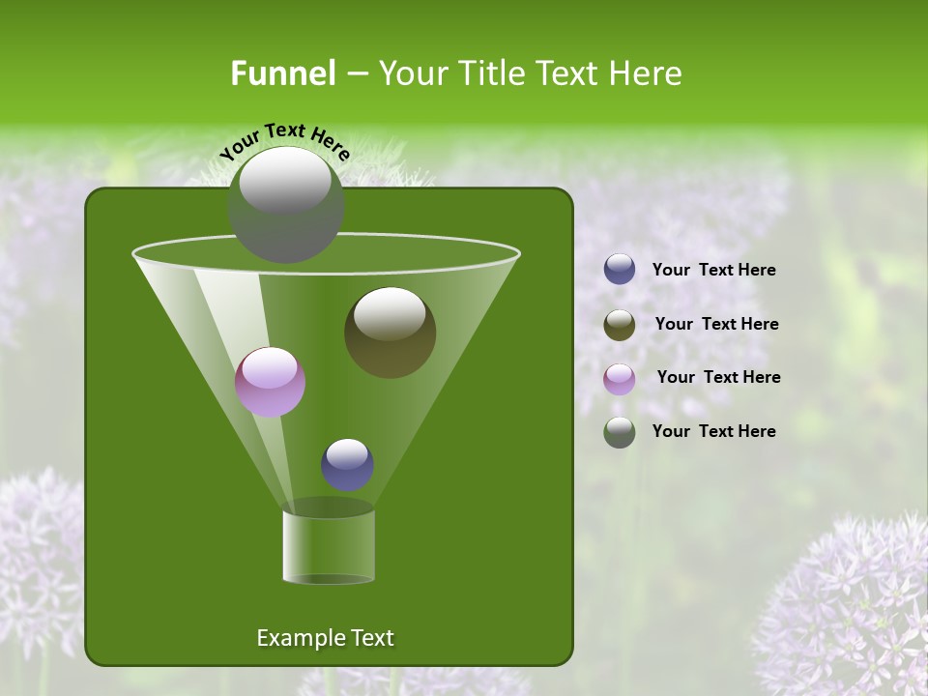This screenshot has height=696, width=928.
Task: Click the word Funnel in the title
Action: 282,73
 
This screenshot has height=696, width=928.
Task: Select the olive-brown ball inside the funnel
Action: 390,333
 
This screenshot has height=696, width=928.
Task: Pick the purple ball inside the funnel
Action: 271,383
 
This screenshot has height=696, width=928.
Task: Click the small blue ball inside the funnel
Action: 347,465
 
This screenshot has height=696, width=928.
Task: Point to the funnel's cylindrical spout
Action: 329,547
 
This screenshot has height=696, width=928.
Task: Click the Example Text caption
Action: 325,638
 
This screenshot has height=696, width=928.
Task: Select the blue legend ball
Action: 620,270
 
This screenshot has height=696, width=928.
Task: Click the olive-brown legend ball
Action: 620,325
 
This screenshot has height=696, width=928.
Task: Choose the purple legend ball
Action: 620,378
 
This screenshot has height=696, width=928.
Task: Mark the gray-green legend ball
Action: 620,432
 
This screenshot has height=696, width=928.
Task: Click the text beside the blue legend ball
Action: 713,271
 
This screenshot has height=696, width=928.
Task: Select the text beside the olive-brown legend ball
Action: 716,325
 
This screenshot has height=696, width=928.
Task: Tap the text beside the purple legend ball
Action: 718,378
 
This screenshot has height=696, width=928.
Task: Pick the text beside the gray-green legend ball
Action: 713,432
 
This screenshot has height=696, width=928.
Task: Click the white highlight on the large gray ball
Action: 284,182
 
